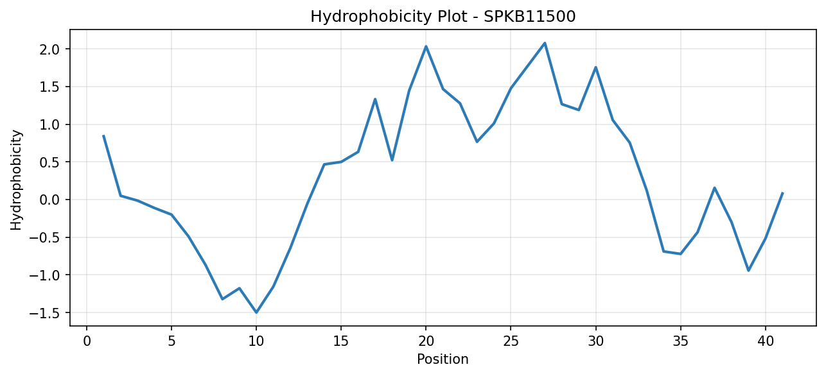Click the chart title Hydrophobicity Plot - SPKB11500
point(443,17)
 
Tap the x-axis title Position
point(443,359)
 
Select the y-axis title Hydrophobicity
point(16,180)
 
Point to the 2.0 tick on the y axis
point(51,49)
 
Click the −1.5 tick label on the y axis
point(46,313)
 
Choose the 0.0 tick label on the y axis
point(51,200)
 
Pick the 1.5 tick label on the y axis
point(51,87)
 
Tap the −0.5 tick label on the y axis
point(46,237)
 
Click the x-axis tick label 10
point(256,341)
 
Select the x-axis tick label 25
point(511,341)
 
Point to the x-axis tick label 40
point(765,341)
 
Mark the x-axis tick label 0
point(87,341)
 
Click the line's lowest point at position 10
point(256,312)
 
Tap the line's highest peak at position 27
point(545,43)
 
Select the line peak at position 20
point(426,46)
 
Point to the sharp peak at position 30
point(595,67)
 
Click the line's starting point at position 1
point(103,135)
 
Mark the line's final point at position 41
point(782,192)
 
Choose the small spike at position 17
point(375,99)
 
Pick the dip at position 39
point(748,271)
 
